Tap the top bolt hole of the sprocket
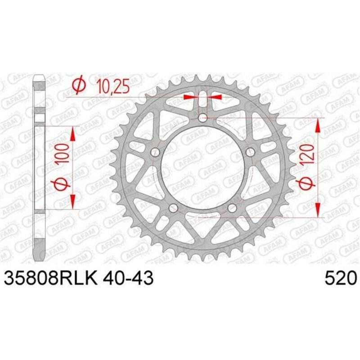pyautogui.click(x=202, y=118)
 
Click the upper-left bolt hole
pyautogui.click(x=155, y=152)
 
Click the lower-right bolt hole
pyautogui.click(x=232, y=207)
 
